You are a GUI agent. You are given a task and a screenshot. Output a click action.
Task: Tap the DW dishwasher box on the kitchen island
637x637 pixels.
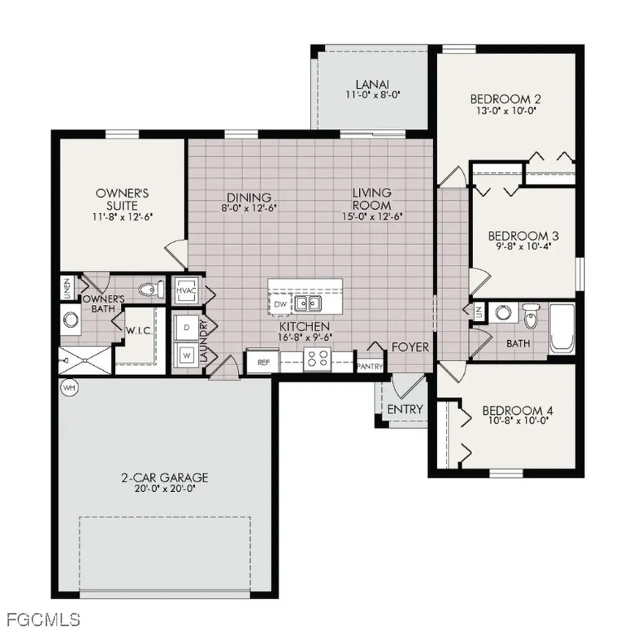279,304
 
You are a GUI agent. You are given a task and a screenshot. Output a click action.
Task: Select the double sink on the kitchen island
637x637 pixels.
308,304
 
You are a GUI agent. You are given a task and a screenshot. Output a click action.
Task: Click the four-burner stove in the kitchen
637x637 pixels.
318,359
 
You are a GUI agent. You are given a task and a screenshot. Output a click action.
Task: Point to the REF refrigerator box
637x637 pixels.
263,361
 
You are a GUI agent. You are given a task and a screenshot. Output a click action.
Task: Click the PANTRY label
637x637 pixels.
370,366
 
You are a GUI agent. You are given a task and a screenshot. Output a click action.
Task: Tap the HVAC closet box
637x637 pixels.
186,291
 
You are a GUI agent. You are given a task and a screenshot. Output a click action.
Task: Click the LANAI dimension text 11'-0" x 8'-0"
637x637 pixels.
372,96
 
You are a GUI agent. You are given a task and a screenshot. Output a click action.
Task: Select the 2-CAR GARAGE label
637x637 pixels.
164,477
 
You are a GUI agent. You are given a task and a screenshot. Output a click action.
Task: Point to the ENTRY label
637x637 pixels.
405,409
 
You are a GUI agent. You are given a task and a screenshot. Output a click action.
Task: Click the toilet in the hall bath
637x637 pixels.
530,317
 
